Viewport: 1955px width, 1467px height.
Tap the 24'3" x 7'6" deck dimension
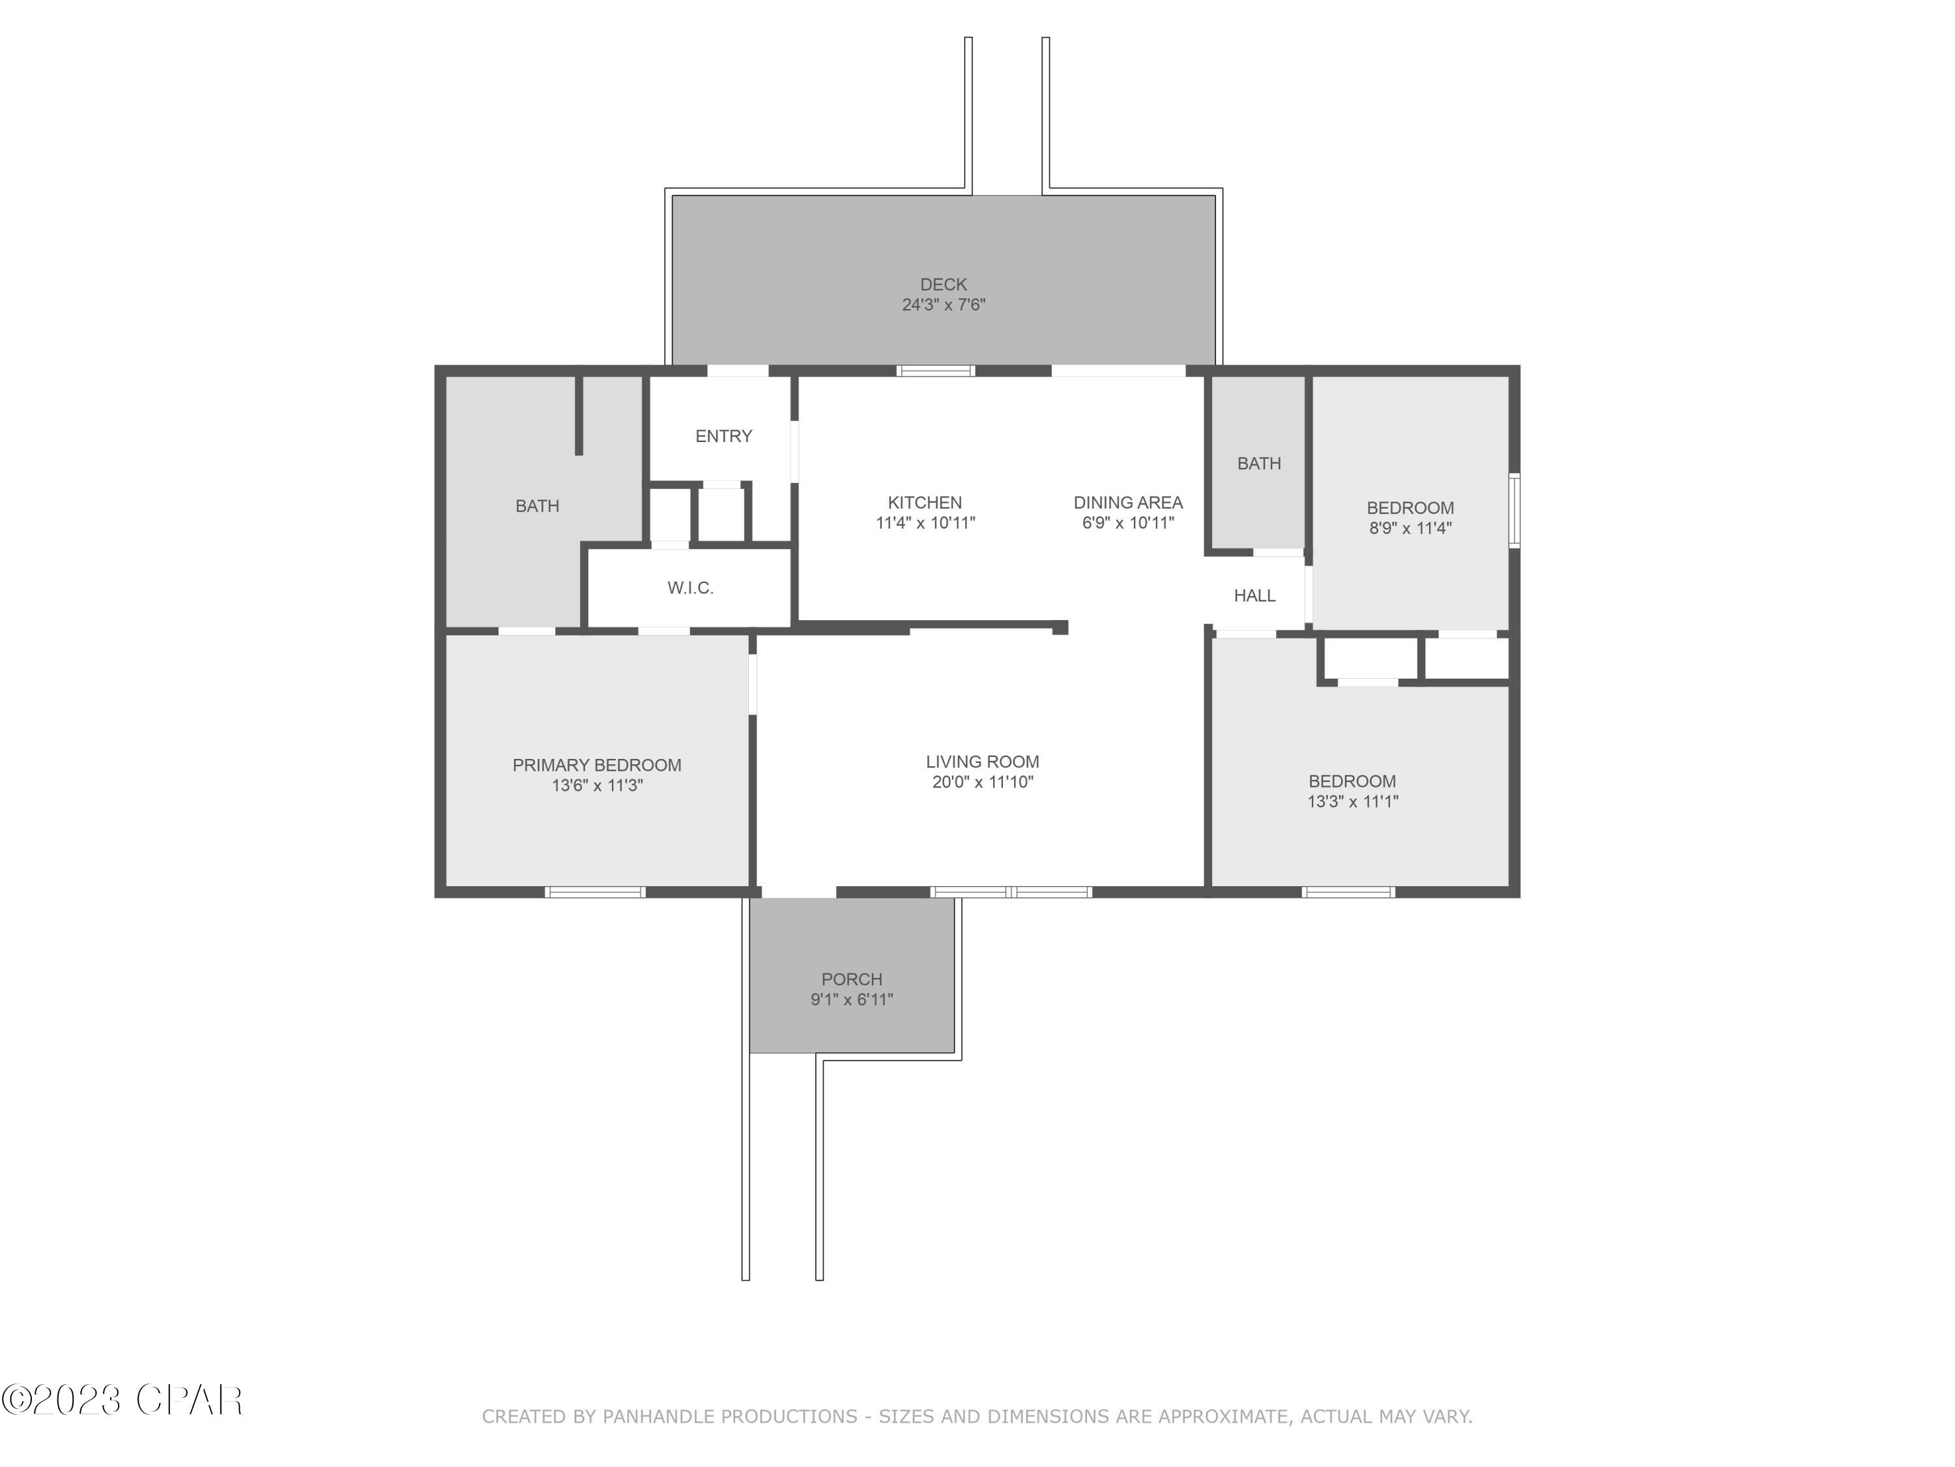point(943,305)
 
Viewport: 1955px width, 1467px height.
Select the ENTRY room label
point(723,436)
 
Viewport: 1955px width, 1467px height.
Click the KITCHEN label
point(925,502)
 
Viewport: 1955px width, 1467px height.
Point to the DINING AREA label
point(1128,502)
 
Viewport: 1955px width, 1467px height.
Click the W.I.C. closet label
point(690,588)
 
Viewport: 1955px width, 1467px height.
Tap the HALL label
point(1254,596)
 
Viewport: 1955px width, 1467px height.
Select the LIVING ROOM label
point(982,762)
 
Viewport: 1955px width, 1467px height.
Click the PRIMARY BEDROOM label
point(596,765)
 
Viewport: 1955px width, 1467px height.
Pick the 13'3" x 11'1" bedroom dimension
point(1352,802)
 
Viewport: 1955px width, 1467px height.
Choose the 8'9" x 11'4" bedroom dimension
point(1410,529)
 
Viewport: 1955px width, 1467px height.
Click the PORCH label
point(851,979)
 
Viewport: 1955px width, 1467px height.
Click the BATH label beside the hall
point(1258,464)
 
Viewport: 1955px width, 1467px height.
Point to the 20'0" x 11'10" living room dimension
point(982,782)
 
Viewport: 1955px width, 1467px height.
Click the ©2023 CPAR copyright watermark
point(122,1400)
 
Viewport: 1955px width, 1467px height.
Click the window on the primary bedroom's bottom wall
point(595,892)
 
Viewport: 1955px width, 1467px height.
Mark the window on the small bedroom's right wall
point(1514,511)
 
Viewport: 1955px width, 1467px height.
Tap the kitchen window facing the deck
point(936,370)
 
